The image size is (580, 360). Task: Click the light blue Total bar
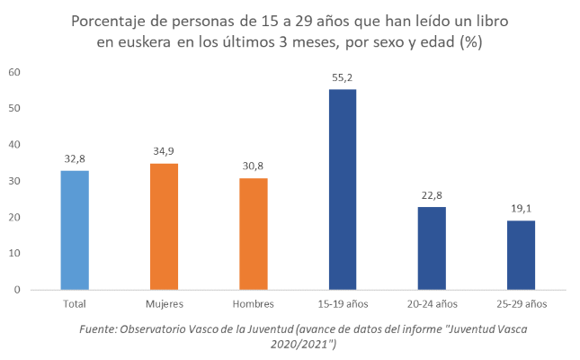(75, 229)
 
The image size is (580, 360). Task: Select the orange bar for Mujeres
(164, 226)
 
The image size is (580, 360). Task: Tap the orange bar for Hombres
(253, 233)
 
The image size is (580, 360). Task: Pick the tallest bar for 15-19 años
(342, 189)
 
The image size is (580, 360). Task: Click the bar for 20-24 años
(431, 247)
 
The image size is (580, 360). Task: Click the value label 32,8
(75, 159)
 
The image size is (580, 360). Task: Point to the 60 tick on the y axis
(14, 72)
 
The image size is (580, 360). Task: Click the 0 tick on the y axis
(17, 290)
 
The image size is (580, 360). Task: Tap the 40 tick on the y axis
(14, 145)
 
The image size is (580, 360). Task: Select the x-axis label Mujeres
(164, 304)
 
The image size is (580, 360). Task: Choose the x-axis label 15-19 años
(342, 304)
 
